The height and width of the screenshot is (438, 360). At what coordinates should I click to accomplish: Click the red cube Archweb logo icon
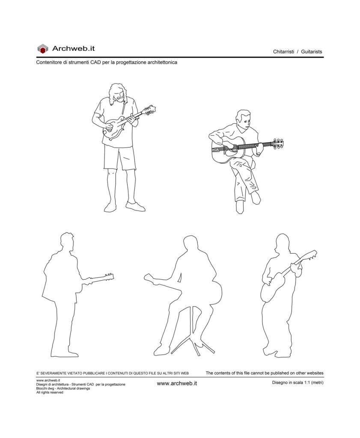coord(42,49)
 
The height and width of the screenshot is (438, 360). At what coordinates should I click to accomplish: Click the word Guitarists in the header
coord(311,52)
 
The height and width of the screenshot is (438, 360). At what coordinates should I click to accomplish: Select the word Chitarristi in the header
coord(283,52)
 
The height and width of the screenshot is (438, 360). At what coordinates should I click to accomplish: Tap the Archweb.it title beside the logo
coord(74,49)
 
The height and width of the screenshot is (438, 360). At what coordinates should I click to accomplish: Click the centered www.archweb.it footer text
coord(177,384)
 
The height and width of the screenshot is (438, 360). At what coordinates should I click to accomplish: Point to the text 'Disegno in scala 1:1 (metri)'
coord(298,382)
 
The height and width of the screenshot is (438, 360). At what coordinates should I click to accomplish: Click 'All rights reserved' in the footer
coord(50,393)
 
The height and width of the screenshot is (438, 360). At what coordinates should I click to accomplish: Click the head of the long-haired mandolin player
coord(117,93)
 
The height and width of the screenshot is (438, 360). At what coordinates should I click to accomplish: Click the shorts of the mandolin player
coord(119,157)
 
